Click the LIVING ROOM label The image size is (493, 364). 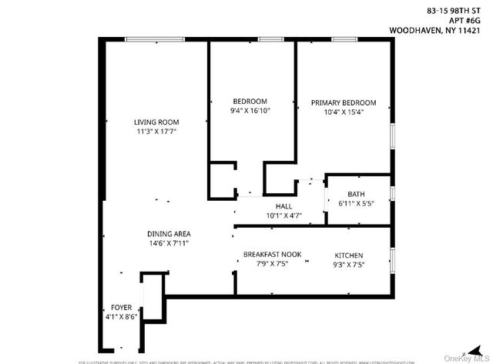point(156,122)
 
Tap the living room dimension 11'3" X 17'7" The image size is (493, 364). point(156,132)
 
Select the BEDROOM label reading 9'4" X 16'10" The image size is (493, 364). point(250,102)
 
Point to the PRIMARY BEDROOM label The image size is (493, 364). point(344,102)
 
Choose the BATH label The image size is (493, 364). point(356,194)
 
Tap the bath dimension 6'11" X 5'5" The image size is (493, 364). point(356,204)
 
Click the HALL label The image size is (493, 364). point(283,206)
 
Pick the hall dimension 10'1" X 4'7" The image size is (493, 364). point(283,216)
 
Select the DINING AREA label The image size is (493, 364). point(169,233)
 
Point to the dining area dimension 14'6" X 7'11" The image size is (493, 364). point(169,243)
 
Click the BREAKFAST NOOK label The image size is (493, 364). point(266,255)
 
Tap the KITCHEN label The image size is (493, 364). point(348,255)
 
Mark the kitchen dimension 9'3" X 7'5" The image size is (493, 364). point(348,265)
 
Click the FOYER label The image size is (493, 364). point(121,306)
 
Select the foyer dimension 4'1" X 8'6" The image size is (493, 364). point(121,316)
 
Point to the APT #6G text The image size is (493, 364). point(470,21)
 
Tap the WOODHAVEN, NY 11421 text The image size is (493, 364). point(440,32)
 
